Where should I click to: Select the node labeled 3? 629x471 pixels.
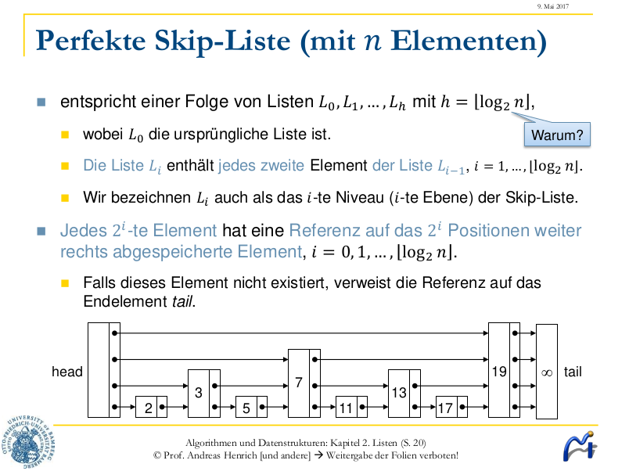(x=199, y=393)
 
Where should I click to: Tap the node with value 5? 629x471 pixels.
(x=246, y=407)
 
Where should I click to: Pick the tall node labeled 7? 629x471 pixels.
(x=299, y=383)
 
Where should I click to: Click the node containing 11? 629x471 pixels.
(x=347, y=407)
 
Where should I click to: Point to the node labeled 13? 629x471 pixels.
(x=399, y=393)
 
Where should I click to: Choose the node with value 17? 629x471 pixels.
(x=446, y=407)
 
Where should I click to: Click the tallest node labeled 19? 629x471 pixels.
(x=499, y=370)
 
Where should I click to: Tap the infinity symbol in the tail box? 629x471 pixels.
(x=547, y=372)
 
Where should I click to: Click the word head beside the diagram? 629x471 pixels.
(x=67, y=372)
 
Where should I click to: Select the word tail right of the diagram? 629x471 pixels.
(x=573, y=372)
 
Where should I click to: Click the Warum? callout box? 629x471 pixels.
(x=557, y=135)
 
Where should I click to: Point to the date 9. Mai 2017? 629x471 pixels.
(x=552, y=6)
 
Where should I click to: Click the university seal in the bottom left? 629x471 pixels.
(x=31, y=440)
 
